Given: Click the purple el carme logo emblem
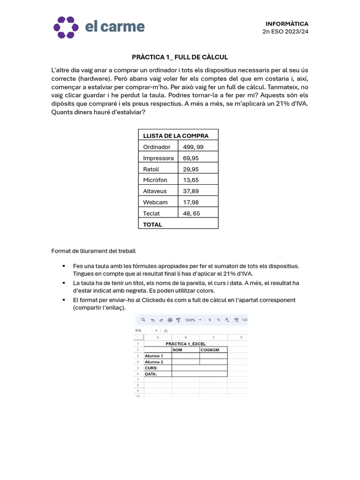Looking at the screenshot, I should [66, 27].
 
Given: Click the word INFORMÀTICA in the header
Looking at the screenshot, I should [287, 23].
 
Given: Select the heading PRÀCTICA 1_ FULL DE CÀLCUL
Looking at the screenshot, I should [180, 57].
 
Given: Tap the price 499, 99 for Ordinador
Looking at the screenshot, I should [193, 147].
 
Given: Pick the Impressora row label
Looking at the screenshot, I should [158, 158].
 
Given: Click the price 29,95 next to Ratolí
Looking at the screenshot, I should [191, 169].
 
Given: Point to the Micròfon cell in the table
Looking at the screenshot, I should [155, 180].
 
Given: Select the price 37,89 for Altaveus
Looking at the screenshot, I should [191, 191].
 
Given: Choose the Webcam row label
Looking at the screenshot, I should [155, 202].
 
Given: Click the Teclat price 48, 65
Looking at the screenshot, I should [192, 213].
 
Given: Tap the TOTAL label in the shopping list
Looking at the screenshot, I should [152, 225].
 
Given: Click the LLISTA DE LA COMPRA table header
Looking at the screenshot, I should [176, 135].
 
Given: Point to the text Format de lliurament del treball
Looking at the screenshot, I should [93, 251].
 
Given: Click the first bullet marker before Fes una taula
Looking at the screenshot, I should [64, 266].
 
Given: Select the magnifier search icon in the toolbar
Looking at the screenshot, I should [143, 320].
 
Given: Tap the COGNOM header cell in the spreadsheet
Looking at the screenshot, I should [210, 350].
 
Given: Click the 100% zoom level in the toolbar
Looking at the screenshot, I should [190, 320].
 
